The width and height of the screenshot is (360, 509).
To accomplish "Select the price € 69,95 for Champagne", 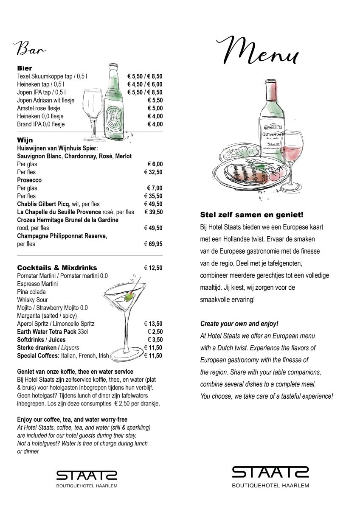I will click(153, 244).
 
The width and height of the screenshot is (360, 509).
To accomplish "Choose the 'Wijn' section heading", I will click(25, 140).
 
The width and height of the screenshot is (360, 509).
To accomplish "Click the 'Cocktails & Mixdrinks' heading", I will click(57, 268).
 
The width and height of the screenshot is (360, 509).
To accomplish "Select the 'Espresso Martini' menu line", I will click(37, 284).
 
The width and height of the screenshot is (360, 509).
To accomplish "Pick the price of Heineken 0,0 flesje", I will click(155, 116).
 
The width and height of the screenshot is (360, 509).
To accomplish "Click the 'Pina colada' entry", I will click(31, 292).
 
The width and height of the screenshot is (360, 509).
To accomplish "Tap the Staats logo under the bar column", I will click(87, 477).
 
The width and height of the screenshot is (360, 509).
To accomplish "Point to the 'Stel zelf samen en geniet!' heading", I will click(252, 215).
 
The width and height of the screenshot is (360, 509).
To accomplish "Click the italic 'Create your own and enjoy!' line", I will click(239, 324).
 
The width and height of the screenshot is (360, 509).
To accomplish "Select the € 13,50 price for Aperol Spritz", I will click(153, 324).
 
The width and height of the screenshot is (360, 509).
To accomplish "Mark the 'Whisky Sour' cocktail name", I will click(32, 300).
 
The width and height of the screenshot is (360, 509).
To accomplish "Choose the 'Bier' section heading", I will click(25, 68).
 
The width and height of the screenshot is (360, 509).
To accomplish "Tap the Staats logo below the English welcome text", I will click(270, 475).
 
